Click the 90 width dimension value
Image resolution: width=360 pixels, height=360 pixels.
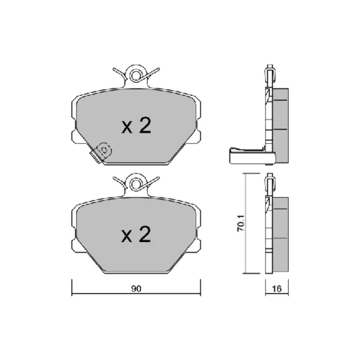(136, 289)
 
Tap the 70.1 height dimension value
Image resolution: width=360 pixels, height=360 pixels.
(240, 223)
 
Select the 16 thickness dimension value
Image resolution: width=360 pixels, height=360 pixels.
(276, 289)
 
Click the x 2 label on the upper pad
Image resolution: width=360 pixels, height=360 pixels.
(136, 126)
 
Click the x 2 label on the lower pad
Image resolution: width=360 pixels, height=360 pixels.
(136, 234)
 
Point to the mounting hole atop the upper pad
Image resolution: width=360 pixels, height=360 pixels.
(135, 75)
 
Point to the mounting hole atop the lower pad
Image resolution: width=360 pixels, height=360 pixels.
(135, 184)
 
